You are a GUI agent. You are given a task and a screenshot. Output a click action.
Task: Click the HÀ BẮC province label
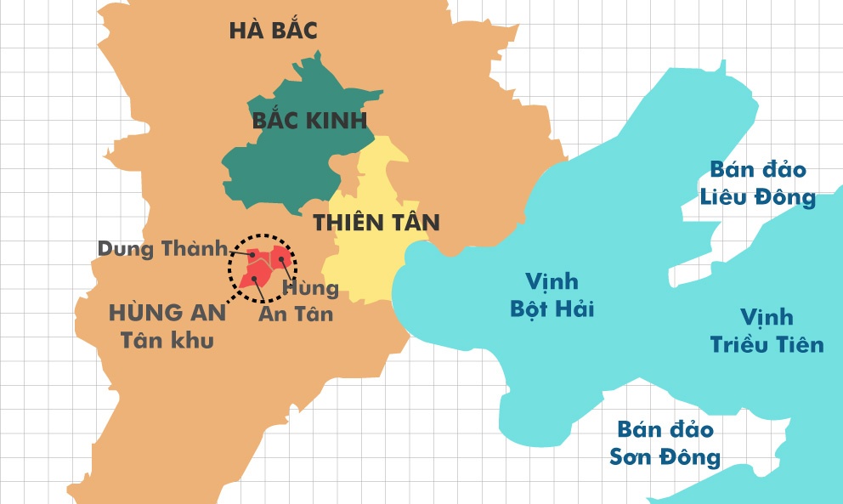click(x=273, y=31)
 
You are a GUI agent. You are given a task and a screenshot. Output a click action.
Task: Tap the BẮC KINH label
click(x=309, y=120)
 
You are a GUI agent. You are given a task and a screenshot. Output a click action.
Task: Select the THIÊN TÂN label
click(x=376, y=224)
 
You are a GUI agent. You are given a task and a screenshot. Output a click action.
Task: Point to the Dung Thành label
click(x=162, y=249)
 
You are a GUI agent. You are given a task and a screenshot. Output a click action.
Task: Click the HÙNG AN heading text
click(x=167, y=313)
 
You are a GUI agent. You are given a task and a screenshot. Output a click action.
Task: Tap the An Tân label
click(x=295, y=314)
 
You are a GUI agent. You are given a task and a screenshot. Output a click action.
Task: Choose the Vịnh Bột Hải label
click(x=552, y=294)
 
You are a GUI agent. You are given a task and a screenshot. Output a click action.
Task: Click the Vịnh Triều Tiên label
click(x=767, y=331)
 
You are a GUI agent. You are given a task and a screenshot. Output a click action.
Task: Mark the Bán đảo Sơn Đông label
click(x=665, y=443)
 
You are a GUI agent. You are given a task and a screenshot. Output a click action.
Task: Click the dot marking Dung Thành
click(x=252, y=254)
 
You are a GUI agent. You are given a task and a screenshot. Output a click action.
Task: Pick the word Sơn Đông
click(x=665, y=457)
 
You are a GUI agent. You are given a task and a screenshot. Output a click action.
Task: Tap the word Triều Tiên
click(x=767, y=344)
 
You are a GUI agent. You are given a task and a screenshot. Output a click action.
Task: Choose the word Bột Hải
click(x=552, y=309)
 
